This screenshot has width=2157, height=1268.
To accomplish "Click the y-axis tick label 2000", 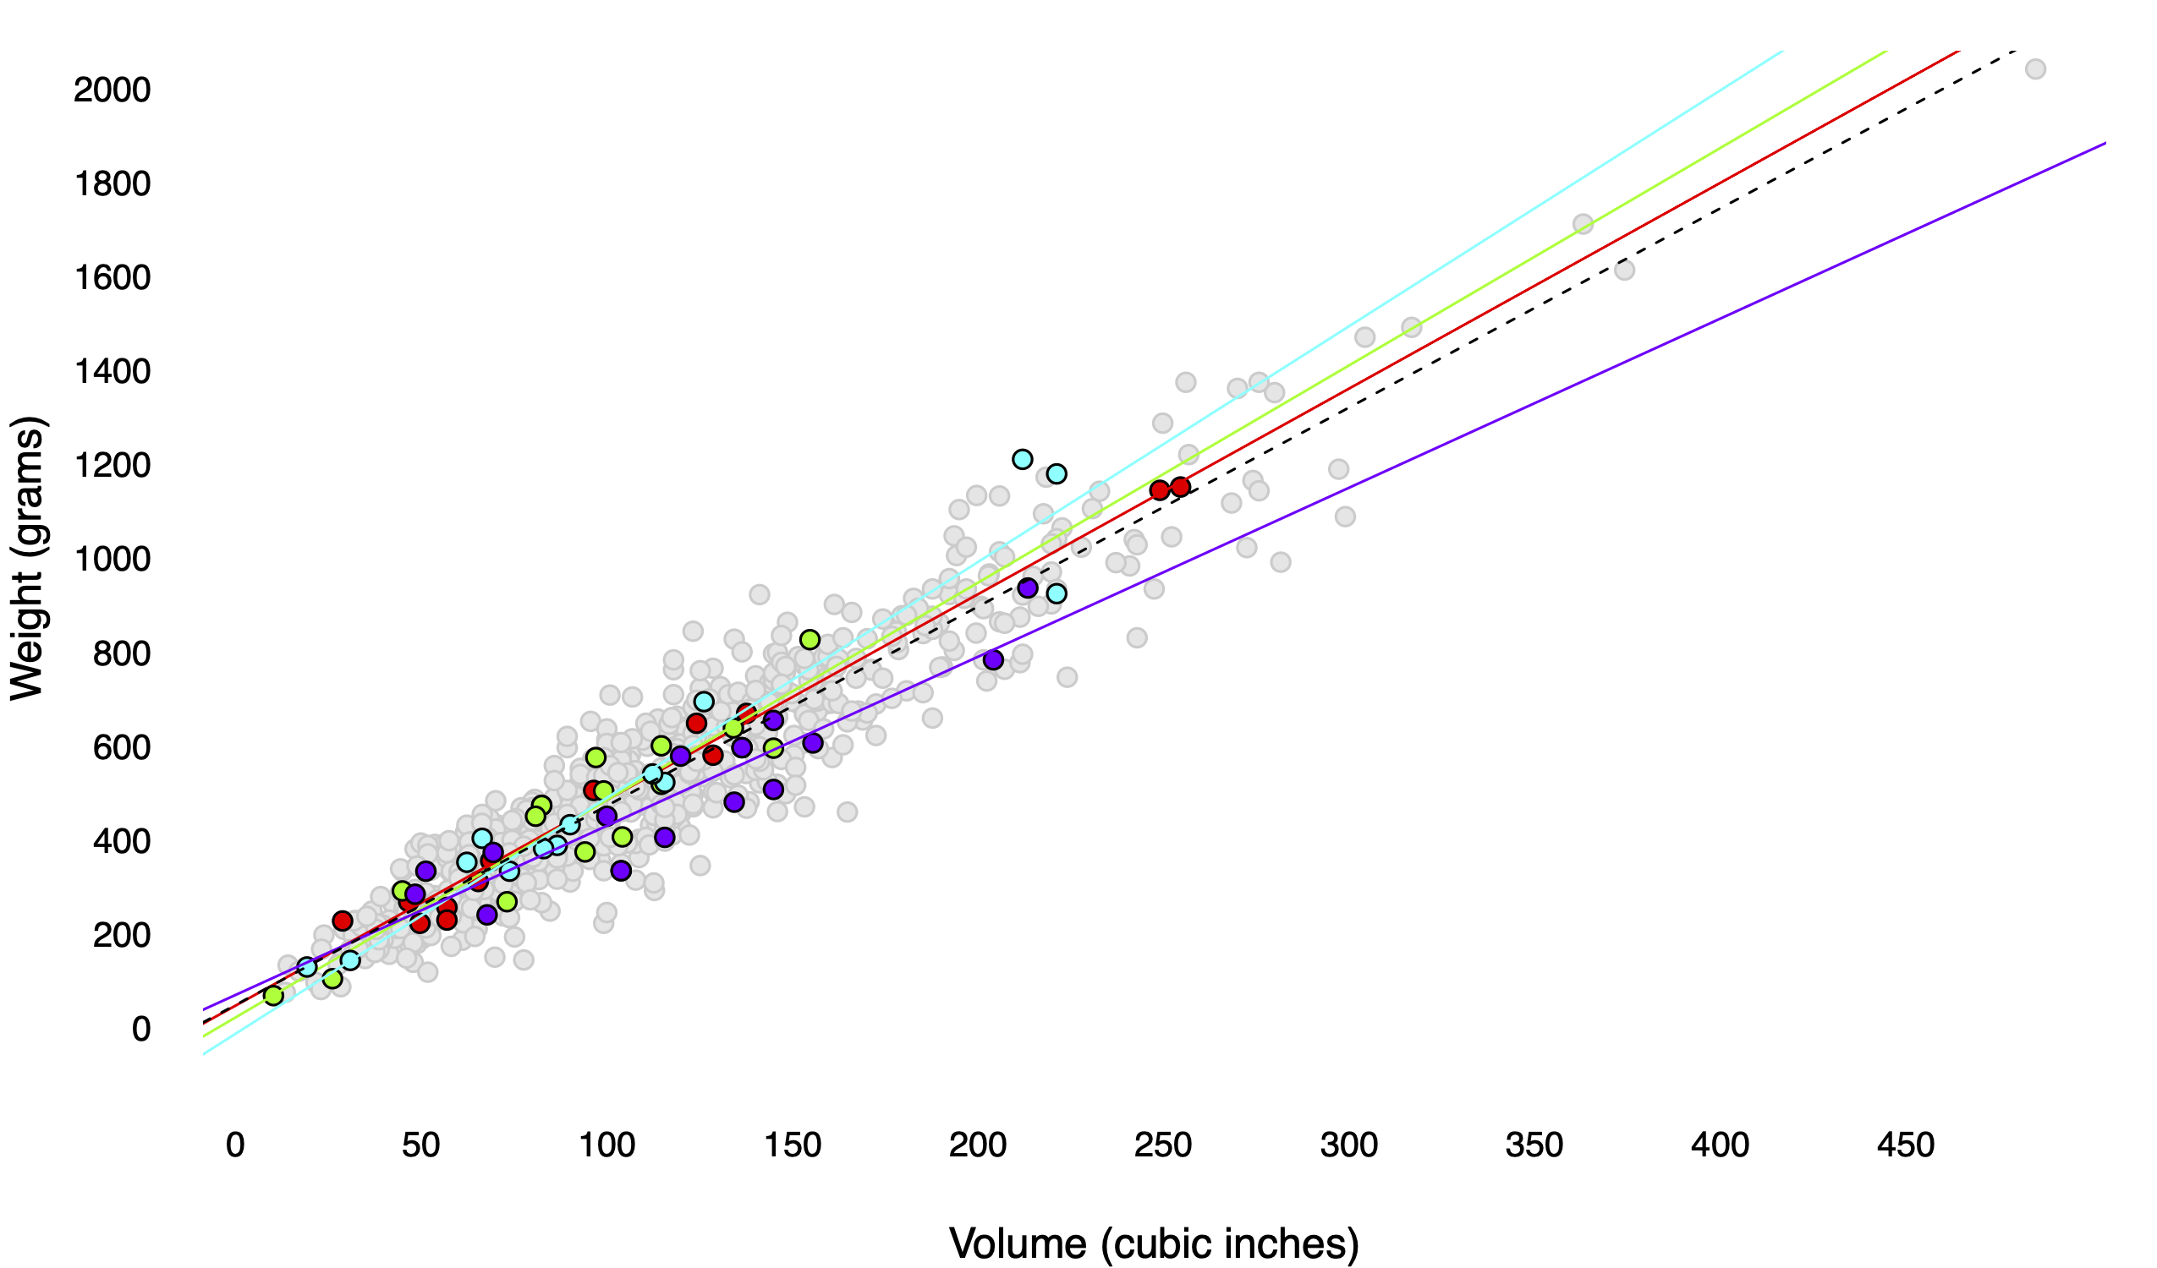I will pyautogui.click(x=113, y=90).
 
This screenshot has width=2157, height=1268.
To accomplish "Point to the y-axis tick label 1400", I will pyautogui.click(x=113, y=371).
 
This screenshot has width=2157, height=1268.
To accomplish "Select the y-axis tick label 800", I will pyautogui.click(x=121, y=653).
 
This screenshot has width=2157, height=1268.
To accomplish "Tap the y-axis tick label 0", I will pyautogui.click(x=141, y=1029).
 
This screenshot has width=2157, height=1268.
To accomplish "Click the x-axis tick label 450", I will pyautogui.click(x=1905, y=1145).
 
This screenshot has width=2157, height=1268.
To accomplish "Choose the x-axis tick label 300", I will pyautogui.click(x=1349, y=1145).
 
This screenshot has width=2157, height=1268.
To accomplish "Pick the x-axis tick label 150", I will pyautogui.click(x=792, y=1145).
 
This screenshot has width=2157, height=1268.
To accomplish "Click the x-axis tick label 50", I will pyautogui.click(x=420, y=1145).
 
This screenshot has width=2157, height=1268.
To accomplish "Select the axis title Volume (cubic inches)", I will pyautogui.click(x=1154, y=1243).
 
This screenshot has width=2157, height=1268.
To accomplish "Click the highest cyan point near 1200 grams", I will pyautogui.click(x=1022, y=460).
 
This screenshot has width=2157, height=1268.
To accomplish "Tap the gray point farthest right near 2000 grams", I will pyautogui.click(x=2035, y=69).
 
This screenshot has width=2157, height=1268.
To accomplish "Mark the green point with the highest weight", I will pyautogui.click(x=810, y=640).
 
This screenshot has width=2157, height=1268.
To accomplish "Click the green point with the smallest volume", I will pyautogui.click(x=273, y=996).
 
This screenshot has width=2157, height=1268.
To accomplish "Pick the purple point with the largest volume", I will pyautogui.click(x=1027, y=588).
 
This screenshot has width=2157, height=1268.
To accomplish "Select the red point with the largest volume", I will pyautogui.click(x=1180, y=487).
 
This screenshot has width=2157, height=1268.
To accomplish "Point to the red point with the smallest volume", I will pyautogui.click(x=343, y=921).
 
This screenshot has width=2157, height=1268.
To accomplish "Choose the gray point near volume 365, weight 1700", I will pyautogui.click(x=1583, y=224).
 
